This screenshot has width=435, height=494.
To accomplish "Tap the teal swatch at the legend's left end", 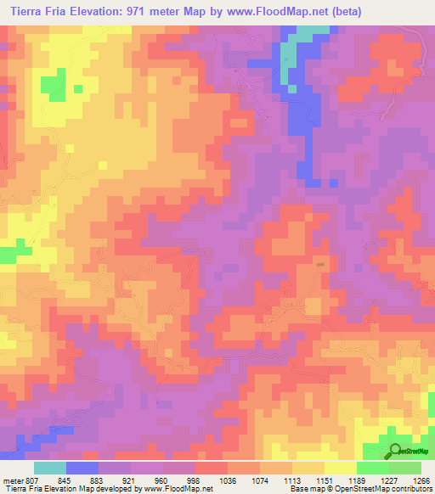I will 50,469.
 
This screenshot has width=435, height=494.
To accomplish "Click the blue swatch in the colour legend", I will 82,469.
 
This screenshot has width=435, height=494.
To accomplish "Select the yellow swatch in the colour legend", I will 341,469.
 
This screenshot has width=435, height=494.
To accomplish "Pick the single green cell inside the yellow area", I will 78,87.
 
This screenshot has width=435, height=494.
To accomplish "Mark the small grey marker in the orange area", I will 320,264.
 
